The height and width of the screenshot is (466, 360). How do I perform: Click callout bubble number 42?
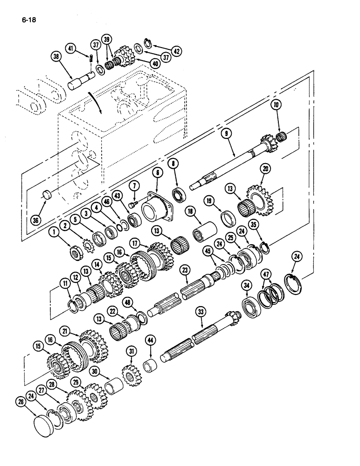(x=176, y=51)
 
